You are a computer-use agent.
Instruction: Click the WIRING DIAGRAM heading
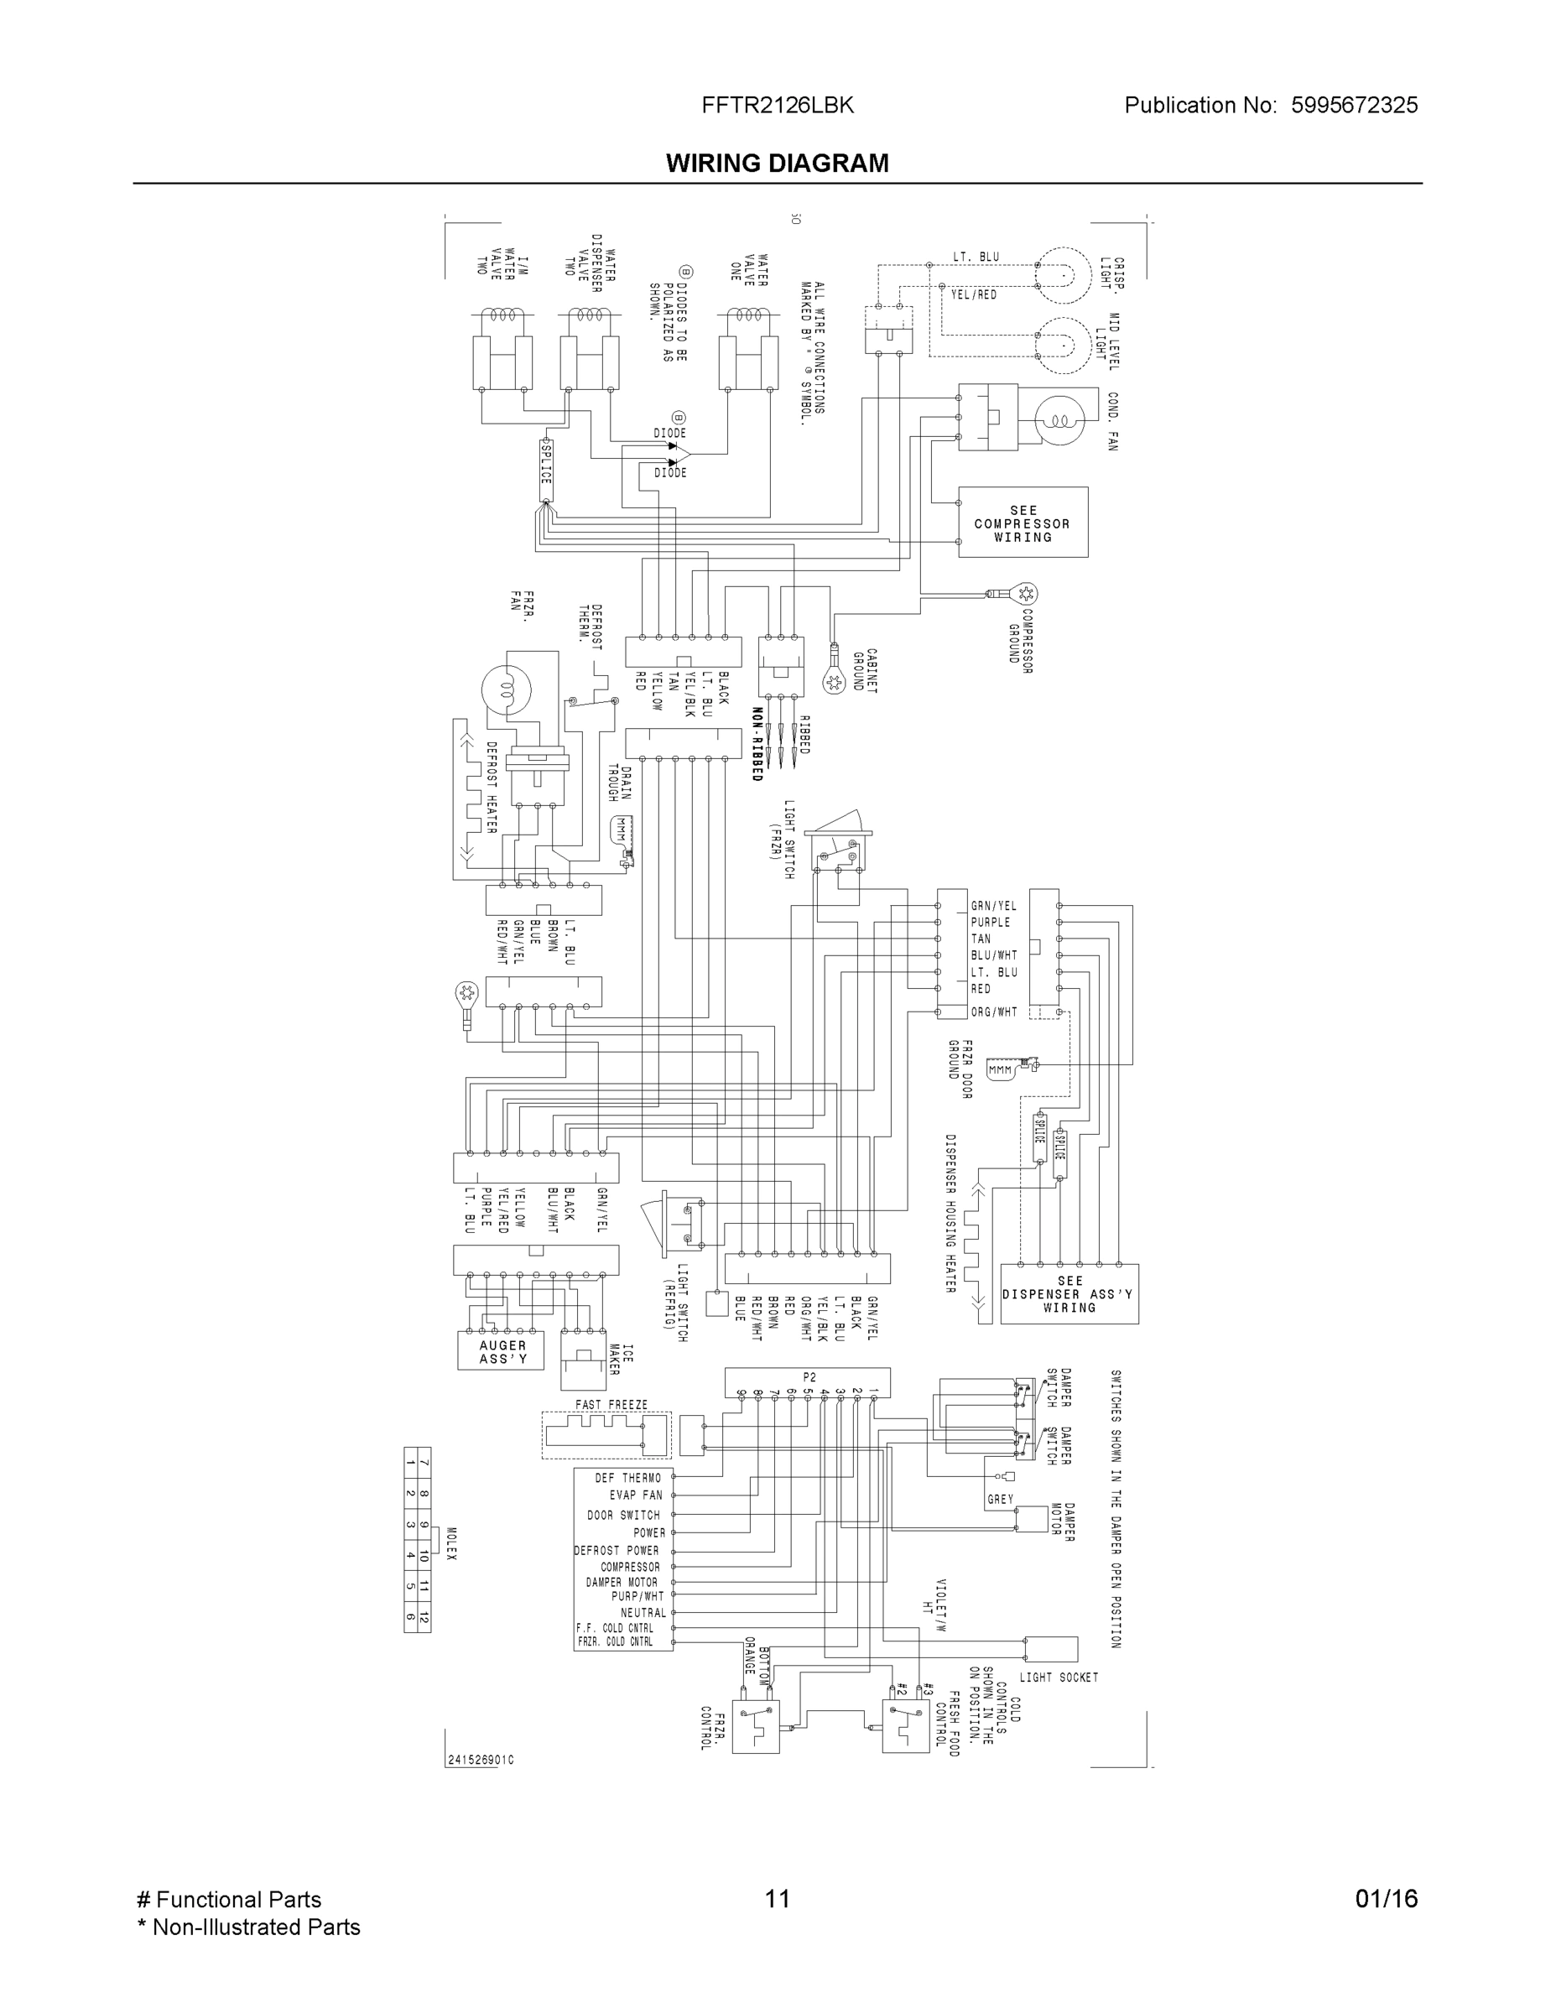pyautogui.click(x=777, y=164)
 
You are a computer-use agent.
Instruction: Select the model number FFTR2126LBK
pyautogui.click(x=777, y=105)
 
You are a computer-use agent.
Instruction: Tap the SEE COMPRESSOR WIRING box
pyautogui.click(x=1023, y=523)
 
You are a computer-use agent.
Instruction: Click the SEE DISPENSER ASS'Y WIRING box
pyautogui.click(x=1069, y=1294)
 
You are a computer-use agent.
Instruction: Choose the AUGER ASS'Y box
pyautogui.click(x=502, y=1351)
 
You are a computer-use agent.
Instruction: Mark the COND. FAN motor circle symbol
pyautogui.click(x=1060, y=420)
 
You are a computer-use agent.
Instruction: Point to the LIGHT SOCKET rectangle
pyautogui.click(x=1051, y=1649)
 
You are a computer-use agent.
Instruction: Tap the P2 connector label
pyautogui.click(x=809, y=1377)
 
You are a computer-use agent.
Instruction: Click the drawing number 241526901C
pyautogui.click(x=481, y=1761)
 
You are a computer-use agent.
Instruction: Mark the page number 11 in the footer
pyautogui.click(x=777, y=1899)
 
